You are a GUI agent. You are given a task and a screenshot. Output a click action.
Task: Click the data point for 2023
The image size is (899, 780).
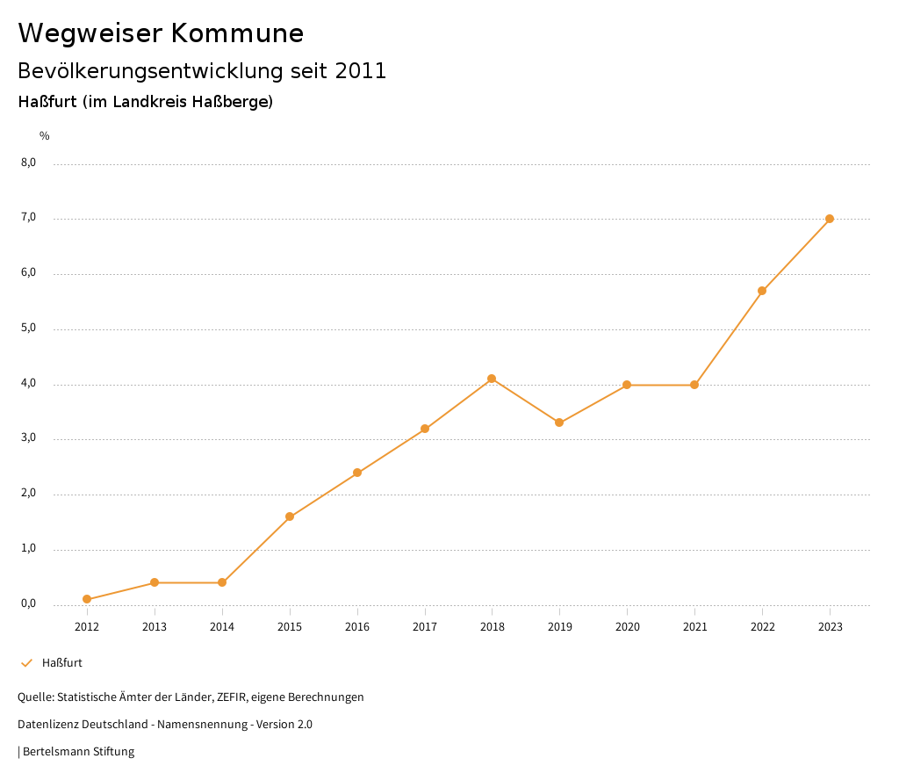(x=830, y=219)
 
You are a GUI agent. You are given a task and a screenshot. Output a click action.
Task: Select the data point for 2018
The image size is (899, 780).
(x=492, y=379)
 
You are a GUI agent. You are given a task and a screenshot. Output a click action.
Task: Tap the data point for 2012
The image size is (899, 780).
(x=87, y=599)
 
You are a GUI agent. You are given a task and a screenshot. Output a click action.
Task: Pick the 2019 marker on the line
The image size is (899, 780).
(x=559, y=422)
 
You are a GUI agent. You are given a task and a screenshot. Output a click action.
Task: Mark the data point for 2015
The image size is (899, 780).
(x=290, y=516)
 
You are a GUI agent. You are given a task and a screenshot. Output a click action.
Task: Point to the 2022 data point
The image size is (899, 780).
(x=762, y=291)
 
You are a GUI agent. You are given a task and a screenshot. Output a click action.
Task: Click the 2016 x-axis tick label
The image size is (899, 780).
(x=357, y=626)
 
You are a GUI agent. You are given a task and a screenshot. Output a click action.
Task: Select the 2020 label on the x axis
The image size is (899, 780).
(x=627, y=626)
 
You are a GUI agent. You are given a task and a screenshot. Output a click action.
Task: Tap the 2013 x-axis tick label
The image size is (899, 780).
(x=155, y=626)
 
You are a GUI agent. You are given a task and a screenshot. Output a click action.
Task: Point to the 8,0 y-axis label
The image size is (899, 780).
(x=29, y=162)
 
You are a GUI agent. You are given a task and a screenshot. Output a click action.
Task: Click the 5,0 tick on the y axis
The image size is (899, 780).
(x=29, y=328)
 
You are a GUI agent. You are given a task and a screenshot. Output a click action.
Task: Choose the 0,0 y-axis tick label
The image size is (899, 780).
(x=29, y=603)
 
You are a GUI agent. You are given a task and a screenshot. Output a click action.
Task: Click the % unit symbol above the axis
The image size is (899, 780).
(x=45, y=135)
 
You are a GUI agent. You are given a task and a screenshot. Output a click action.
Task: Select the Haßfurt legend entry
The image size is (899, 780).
(x=62, y=662)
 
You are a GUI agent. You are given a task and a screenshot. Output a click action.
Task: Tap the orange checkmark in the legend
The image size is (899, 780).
(x=26, y=662)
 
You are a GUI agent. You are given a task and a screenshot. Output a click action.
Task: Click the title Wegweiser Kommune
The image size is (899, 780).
(x=161, y=33)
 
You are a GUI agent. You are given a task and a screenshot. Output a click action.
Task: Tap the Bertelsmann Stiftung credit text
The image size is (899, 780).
(x=78, y=751)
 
